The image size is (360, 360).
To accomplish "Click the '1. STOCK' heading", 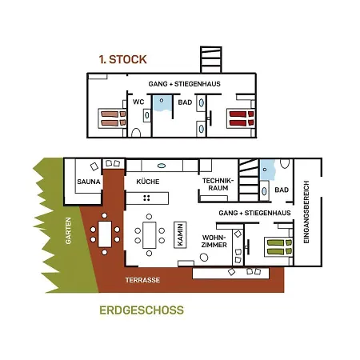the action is pyautogui.click(x=122, y=59).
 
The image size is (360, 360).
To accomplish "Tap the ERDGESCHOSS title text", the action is pyautogui.click(x=142, y=310).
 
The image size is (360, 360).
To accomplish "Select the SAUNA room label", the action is pyautogui.click(x=89, y=182).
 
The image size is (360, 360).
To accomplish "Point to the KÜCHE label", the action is pyautogui.click(x=148, y=182).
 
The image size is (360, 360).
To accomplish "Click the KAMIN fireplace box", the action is pyautogui.click(x=180, y=234).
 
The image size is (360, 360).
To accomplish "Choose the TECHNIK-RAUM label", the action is pyautogui.click(x=218, y=184).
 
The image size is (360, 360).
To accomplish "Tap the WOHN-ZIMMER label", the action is pyautogui.click(x=214, y=241).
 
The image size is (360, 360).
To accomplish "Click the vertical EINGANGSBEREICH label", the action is pyautogui.click(x=306, y=212).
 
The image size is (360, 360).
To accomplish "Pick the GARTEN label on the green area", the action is pyautogui.click(x=68, y=230).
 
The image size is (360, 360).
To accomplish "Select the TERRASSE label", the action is pyautogui.click(x=142, y=280).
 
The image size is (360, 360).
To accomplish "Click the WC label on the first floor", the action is pyautogui.click(x=138, y=102).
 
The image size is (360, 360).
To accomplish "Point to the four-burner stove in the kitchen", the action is pyautogui.click(x=146, y=198).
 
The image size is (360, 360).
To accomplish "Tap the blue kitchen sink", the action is pyautogui.click(x=162, y=166).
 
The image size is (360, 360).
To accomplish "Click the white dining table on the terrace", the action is pyautogui.click(x=105, y=234).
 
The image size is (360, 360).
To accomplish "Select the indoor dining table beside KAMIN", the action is pyautogui.click(x=150, y=235).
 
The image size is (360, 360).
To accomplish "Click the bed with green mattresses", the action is pyautogui.click(x=278, y=247).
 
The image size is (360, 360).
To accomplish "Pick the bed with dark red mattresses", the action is pyautogui.click(x=241, y=118).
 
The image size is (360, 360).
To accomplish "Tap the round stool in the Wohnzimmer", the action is pyautogui.click(x=204, y=258).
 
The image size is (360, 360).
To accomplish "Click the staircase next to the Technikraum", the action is pyautogui.click(x=249, y=180).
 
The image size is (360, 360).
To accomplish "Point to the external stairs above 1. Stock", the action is pyautogui.click(x=211, y=59).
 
